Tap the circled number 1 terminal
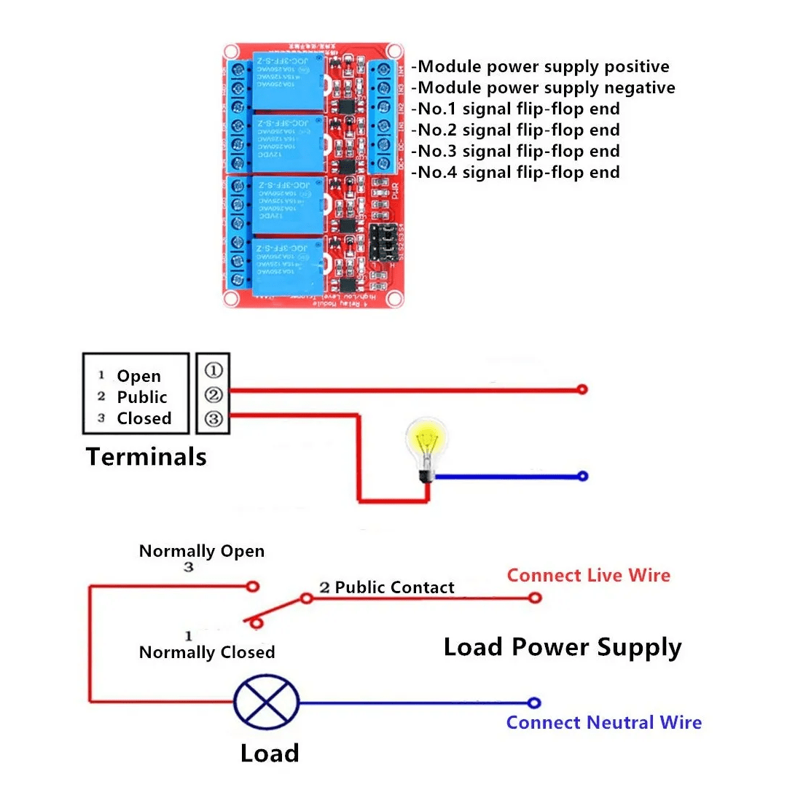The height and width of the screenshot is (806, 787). (x=214, y=370)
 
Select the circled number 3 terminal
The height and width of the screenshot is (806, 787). (x=214, y=418)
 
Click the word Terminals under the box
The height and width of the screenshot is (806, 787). (x=146, y=457)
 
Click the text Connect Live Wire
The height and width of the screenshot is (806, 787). (x=588, y=575)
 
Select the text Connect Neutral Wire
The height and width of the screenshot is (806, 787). (x=603, y=722)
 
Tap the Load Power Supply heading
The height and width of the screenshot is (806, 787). (x=563, y=646)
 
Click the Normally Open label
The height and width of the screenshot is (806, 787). (x=202, y=551)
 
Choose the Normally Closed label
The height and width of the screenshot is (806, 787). (x=207, y=652)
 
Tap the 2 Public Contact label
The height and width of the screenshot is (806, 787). (x=386, y=587)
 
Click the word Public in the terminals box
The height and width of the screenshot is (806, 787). (x=142, y=397)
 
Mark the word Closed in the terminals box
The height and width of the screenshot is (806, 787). (x=144, y=418)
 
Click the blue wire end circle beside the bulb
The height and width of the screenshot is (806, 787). (x=582, y=477)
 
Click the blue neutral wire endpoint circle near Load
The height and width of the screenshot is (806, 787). (x=534, y=703)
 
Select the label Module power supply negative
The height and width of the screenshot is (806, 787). (x=543, y=88)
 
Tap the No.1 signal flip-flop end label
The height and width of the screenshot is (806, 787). (x=515, y=109)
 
